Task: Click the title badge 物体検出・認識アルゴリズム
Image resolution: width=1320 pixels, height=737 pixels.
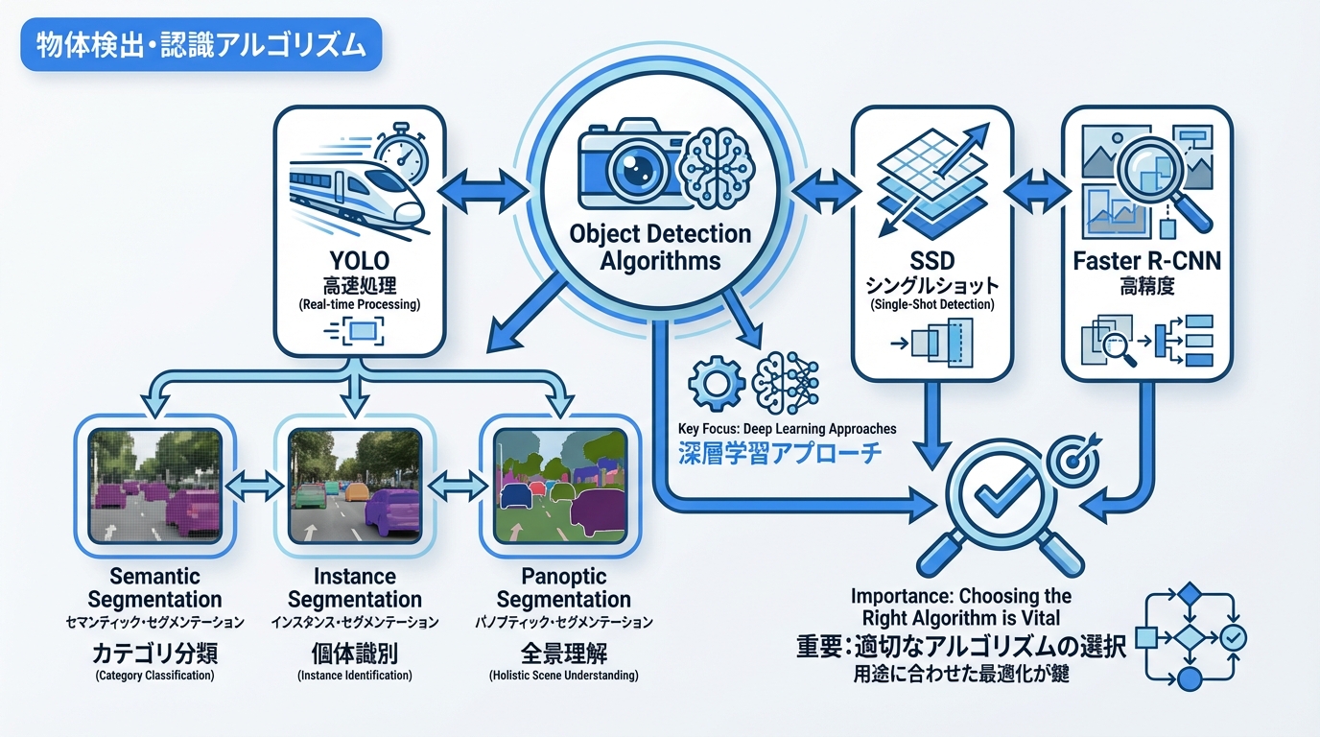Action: pos(200,47)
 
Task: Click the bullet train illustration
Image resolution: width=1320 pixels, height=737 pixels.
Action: pos(354,198)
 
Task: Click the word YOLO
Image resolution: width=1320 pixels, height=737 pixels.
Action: pos(358,259)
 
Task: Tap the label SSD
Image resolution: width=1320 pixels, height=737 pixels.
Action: pos(931,261)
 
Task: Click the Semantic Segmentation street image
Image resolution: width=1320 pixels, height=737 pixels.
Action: pos(154,482)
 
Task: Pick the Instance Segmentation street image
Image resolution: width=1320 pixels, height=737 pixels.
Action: pos(356,482)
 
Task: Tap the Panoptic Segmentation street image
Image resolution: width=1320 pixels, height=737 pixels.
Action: pos(559,482)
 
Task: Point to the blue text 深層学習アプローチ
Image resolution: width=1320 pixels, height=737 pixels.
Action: pos(780,454)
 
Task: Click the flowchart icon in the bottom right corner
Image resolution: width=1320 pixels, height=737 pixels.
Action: pos(1190,636)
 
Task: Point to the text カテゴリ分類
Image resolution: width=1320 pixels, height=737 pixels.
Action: pos(154,654)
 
